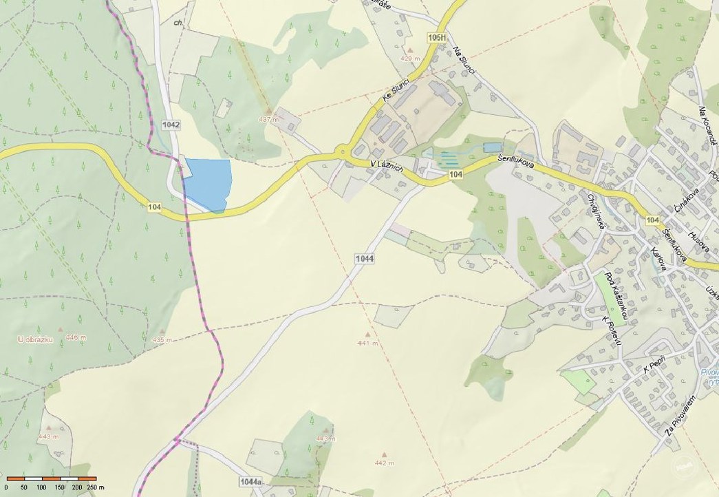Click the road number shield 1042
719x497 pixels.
(171, 125)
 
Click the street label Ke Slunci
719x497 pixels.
(397, 92)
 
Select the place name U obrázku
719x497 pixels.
(34, 339)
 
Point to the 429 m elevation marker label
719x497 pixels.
(410, 59)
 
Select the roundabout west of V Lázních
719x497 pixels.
(342, 151)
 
